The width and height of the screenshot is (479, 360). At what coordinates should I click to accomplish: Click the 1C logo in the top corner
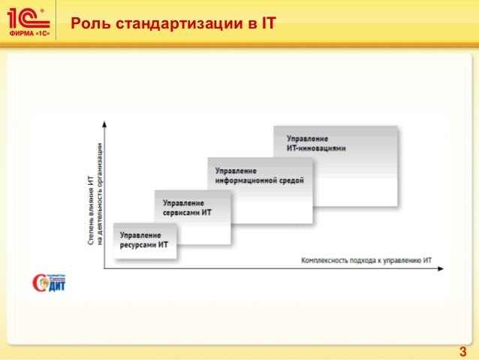29,17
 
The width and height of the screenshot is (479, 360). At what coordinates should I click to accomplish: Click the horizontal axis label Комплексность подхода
366,261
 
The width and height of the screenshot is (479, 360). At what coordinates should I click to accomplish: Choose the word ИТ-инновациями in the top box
317,148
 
